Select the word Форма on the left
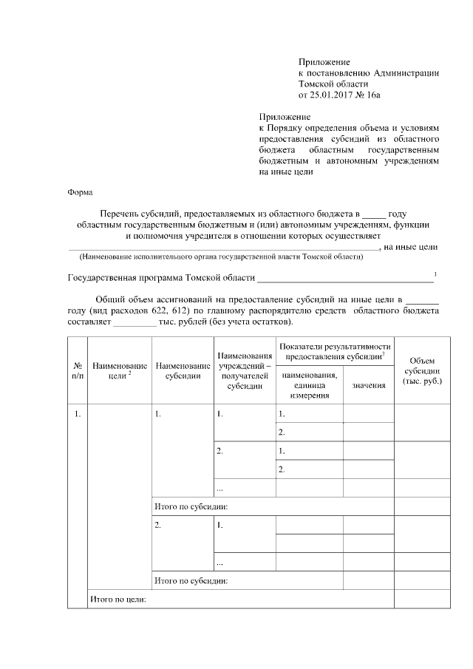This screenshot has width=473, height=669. (80, 191)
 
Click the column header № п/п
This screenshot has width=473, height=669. (77, 371)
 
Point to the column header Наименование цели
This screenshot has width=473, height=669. (119, 371)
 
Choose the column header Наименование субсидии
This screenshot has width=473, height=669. (182, 371)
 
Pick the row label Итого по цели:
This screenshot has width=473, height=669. (118, 600)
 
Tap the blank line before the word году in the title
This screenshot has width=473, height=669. (374, 212)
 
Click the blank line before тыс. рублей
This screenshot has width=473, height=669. (135, 324)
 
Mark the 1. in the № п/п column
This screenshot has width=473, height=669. (77, 413)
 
